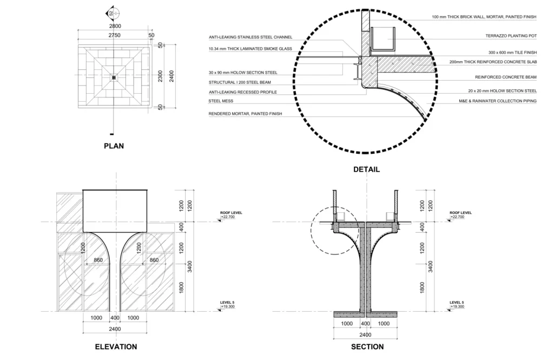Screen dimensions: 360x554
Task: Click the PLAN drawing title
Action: point(114,146)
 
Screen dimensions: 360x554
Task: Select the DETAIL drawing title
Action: point(366,169)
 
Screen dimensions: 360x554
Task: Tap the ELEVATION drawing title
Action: point(116,346)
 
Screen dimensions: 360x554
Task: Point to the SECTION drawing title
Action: point(367,346)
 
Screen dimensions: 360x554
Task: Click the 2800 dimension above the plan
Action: point(115,26)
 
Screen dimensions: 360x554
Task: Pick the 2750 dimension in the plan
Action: point(115,35)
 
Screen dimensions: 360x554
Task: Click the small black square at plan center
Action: point(114,78)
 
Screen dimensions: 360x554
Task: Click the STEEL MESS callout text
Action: point(218,101)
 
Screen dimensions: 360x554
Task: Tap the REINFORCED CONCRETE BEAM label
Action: point(505,77)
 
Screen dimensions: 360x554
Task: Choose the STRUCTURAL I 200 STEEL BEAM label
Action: point(240,82)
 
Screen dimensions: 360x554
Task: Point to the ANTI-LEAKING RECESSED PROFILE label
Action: point(243,92)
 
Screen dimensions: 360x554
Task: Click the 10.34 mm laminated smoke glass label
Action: point(250,49)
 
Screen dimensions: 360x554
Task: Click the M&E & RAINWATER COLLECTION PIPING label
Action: point(497,101)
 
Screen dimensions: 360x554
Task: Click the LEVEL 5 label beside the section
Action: point(457,302)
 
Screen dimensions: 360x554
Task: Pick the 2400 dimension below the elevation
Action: point(115,329)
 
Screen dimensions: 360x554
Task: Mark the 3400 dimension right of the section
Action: point(431,266)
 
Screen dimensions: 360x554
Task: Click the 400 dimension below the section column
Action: point(365,324)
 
